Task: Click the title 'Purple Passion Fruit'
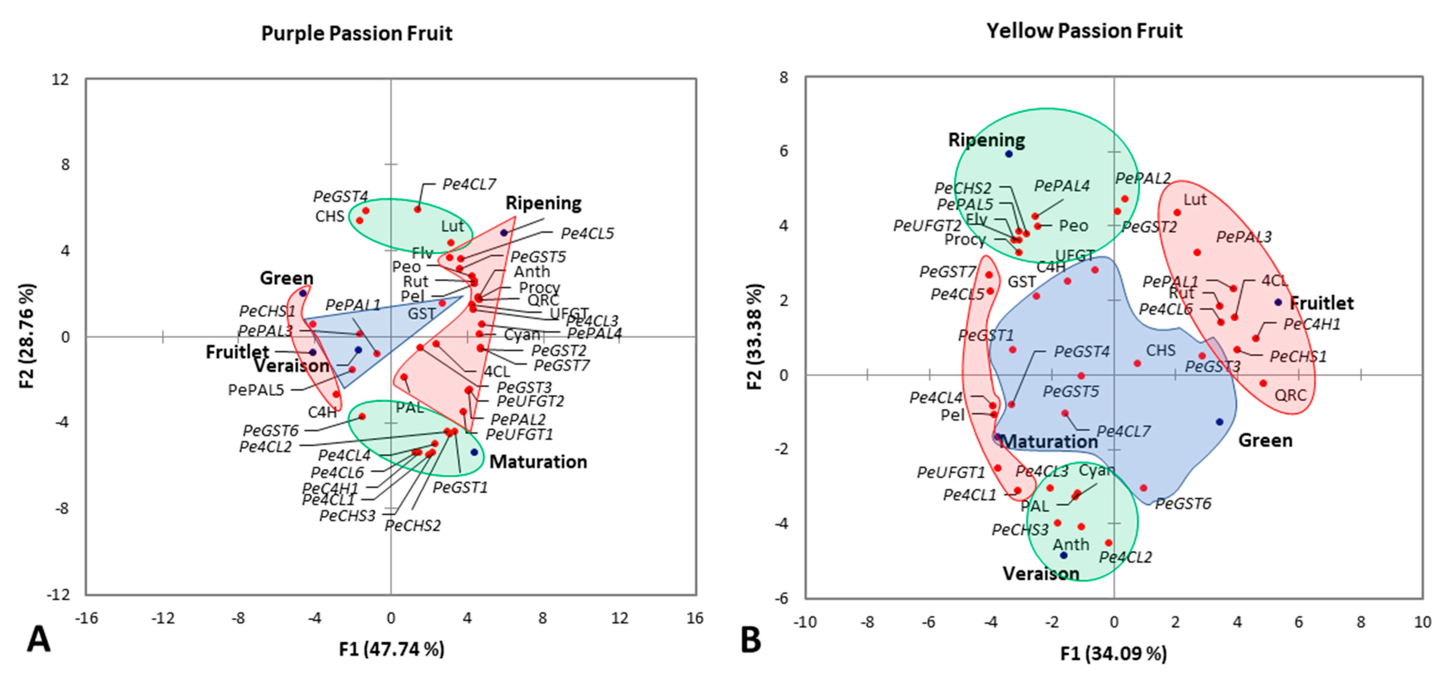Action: [x=357, y=34]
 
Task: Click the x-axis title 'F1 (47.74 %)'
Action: [x=391, y=649]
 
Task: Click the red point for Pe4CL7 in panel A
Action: [x=417, y=209]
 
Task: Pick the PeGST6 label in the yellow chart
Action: [x=1183, y=504]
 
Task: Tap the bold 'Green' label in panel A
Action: [x=287, y=278]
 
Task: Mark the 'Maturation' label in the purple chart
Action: [x=538, y=462]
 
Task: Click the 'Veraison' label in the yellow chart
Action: [x=1041, y=573]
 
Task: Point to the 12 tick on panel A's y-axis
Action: [x=60, y=79]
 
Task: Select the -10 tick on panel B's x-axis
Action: [x=805, y=622]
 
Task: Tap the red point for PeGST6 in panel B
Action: [x=1143, y=488]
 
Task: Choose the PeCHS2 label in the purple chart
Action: [x=412, y=525]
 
